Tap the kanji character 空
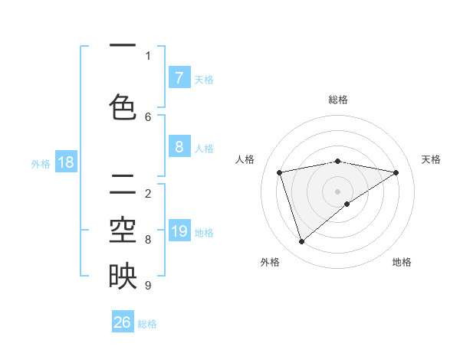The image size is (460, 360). pyautogui.click(x=123, y=229)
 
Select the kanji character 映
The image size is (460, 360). pyautogui.click(x=123, y=276)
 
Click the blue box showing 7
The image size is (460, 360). pyautogui.click(x=179, y=77)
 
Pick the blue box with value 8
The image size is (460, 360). pyautogui.click(x=179, y=148)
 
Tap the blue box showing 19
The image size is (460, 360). pyautogui.click(x=179, y=231)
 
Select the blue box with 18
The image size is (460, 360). pyautogui.click(x=65, y=162)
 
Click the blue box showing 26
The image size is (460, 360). pyautogui.click(x=123, y=322)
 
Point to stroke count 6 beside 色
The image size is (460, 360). pyautogui.click(x=148, y=116)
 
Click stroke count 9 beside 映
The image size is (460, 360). pyautogui.click(x=148, y=286)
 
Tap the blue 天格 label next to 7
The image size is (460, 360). pyautogui.click(x=204, y=79)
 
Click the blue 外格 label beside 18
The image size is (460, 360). pyautogui.click(x=40, y=163)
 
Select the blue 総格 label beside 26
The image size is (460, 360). pyautogui.click(x=147, y=323)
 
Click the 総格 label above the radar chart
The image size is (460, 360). pyautogui.click(x=337, y=100)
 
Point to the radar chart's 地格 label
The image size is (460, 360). pyautogui.click(x=402, y=262)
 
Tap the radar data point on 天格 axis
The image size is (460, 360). pyautogui.click(x=396, y=172)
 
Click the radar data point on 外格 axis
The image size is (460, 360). pyautogui.click(x=301, y=241)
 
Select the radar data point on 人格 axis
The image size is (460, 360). pyautogui.click(x=280, y=172)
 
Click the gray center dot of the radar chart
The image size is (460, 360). pyautogui.click(x=337, y=191)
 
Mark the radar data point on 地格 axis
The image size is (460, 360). pyautogui.click(x=347, y=204)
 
